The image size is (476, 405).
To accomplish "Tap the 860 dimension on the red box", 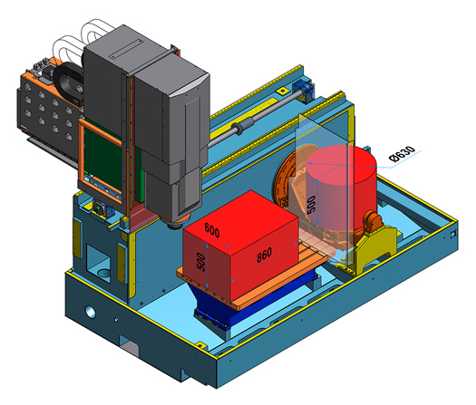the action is coord(264,255).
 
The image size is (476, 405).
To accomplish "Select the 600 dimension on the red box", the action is coord(211,230).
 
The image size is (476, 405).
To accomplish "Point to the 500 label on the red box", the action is coord(200,262).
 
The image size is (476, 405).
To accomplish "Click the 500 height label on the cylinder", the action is coord(312,205).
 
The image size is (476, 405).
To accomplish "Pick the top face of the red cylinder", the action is coord(342,164).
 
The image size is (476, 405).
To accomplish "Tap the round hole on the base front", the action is coord(91,312).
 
